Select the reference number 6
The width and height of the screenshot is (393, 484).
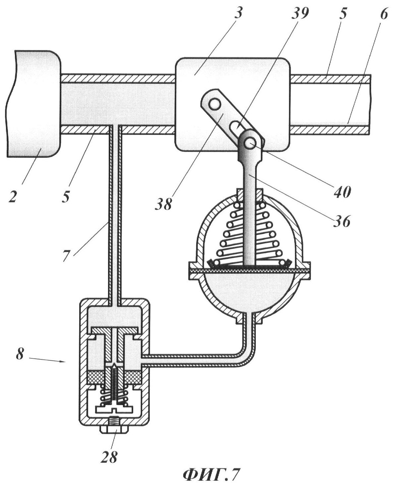pos(384,14)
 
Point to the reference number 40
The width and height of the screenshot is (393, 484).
pos(342,192)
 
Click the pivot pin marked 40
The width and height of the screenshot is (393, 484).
pos(250,144)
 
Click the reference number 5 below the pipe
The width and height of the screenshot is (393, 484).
pos(66,196)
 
